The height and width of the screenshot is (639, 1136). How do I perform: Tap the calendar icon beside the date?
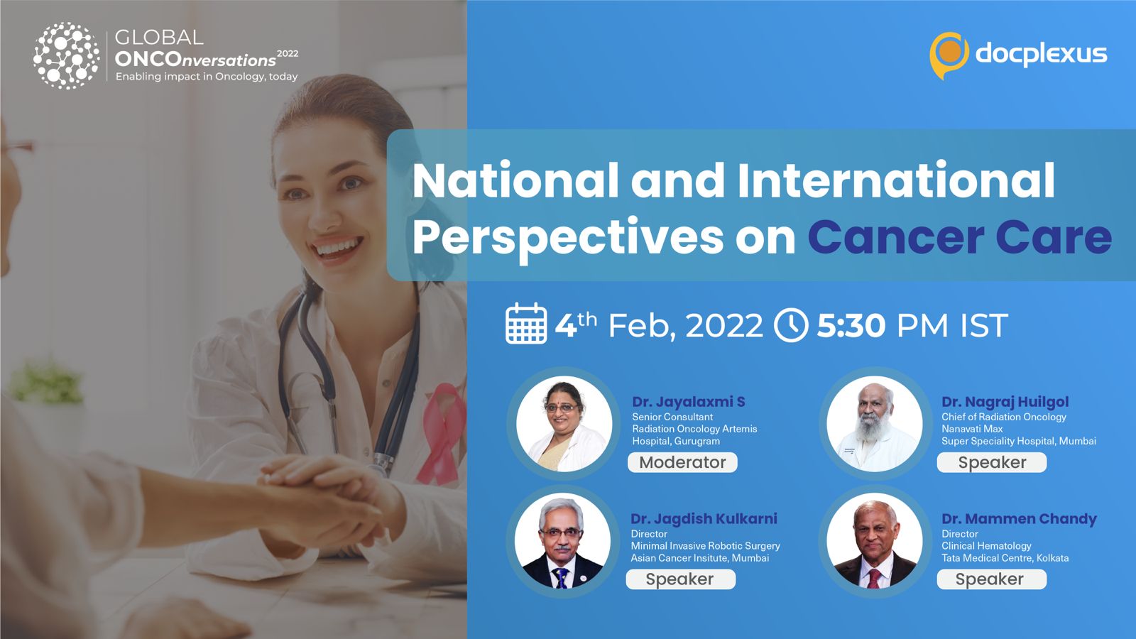click(526, 324)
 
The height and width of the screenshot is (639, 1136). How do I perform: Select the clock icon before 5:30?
click(791, 325)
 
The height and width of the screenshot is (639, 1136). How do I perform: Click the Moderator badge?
click(682, 462)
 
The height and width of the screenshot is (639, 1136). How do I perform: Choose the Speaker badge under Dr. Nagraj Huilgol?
click(992, 462)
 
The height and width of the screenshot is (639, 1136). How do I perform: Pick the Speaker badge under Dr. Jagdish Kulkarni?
click(681, 579)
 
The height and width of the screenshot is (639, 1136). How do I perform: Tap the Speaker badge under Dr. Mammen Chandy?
click(991, 579)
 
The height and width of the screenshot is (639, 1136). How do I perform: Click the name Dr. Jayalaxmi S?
click(688, 402)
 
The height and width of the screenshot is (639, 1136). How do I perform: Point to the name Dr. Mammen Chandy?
click(1019, 519)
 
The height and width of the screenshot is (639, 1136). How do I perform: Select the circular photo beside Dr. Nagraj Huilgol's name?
click(874, 424)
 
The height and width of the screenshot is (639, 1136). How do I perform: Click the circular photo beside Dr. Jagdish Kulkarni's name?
click(562, 541)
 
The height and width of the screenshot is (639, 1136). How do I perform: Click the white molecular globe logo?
click(67, 56)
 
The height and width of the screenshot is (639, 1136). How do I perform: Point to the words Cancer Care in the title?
click(959, 237)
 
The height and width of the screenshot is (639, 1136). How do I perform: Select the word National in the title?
click(515, 180)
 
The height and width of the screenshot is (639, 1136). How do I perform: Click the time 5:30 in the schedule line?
click(851, 325)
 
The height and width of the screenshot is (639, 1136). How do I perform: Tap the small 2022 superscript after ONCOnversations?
click(288, 53)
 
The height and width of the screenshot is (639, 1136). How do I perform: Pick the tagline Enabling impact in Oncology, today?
click(207, 77)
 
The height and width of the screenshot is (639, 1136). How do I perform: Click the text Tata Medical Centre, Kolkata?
click(1005, 558)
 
